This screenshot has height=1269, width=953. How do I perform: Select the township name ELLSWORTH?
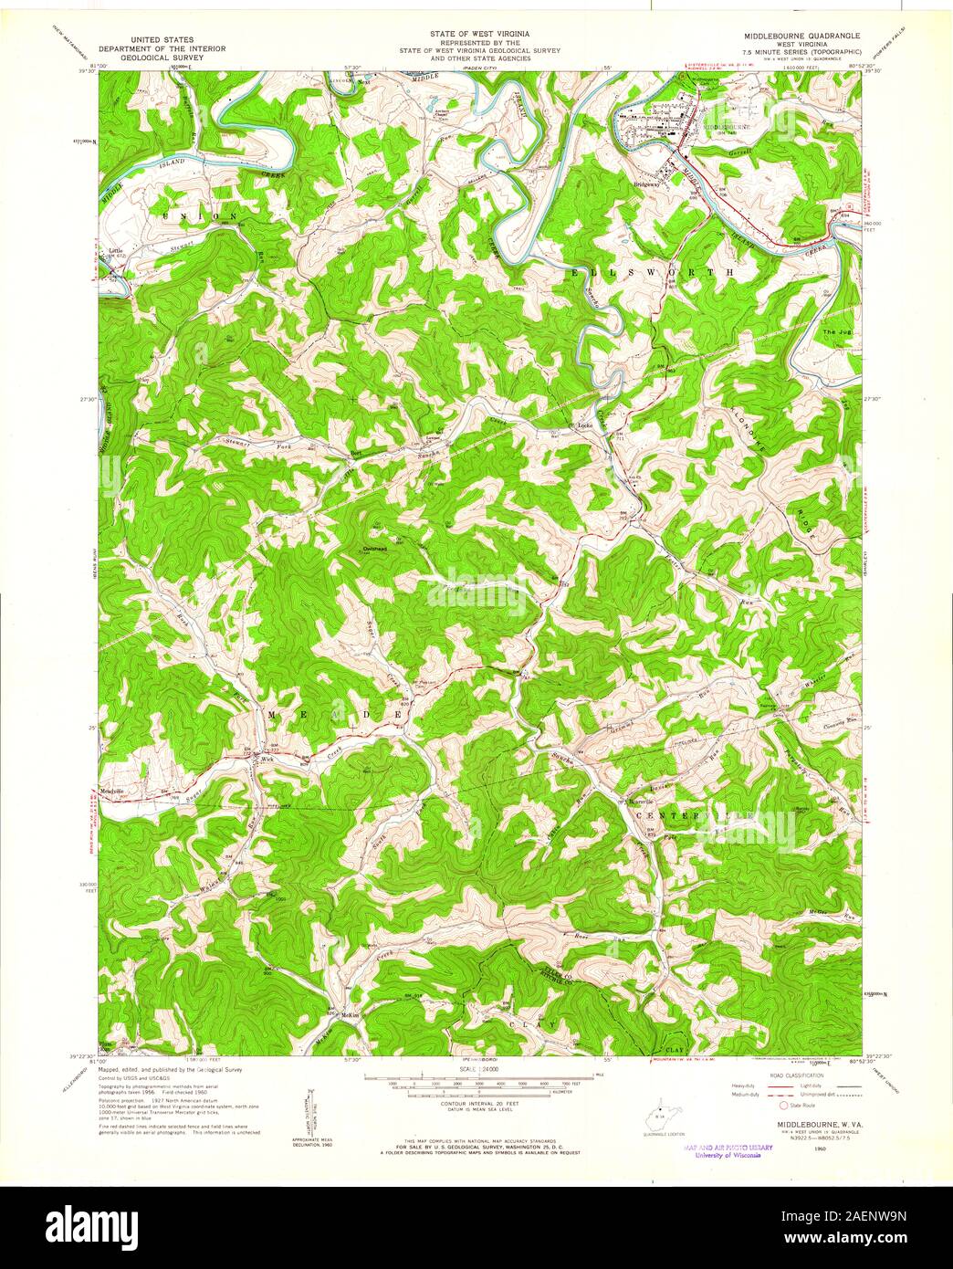(x=652, y=272)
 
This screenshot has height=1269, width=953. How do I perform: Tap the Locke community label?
(x=583, y=425)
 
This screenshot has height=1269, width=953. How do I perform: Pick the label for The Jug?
(x=835, y=331)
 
